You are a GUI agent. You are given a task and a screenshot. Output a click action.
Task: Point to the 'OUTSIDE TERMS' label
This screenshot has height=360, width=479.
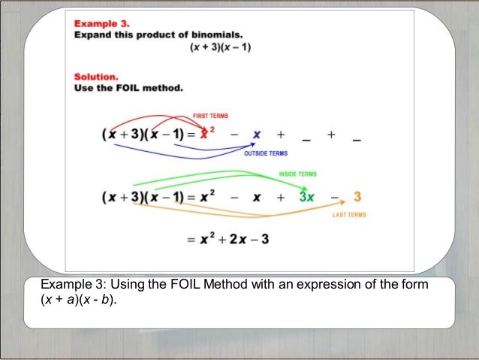click(266, 153)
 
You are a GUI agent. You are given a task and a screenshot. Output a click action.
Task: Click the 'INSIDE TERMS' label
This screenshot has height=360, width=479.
click(297, 174)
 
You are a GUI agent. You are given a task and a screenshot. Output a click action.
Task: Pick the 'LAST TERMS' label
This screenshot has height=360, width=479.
click(349, 215)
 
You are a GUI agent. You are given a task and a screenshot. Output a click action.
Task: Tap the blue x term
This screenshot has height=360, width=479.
click(257, 135)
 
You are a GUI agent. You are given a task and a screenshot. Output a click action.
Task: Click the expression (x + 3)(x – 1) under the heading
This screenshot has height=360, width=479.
click(220, 48)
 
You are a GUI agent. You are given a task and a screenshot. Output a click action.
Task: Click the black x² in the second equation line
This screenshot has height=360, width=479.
click(209, 198)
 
